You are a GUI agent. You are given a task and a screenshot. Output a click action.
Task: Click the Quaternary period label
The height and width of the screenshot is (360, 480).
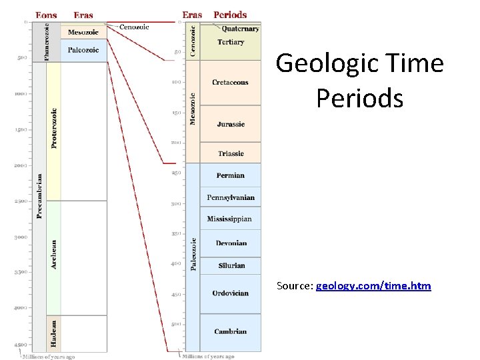[240, 29]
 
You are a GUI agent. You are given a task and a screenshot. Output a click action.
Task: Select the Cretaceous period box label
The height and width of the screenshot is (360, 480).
[230, 83]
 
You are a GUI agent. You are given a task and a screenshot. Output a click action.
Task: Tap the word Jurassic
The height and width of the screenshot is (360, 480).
[231, 125]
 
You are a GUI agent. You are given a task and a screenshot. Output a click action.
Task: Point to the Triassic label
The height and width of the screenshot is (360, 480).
[231, 154]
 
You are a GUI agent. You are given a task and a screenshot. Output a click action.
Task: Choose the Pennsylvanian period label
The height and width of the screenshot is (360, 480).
[231, 198]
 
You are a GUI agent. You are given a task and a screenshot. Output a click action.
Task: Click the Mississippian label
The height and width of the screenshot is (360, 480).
[229, 219]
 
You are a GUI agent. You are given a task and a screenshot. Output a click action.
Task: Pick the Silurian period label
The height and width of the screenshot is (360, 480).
[231, 265]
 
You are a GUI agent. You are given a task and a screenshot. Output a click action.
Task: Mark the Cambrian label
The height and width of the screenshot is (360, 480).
[231, 331]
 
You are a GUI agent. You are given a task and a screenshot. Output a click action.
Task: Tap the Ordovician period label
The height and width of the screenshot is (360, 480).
[231, 293]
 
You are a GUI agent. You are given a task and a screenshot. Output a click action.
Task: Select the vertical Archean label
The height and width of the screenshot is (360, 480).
[54, 255]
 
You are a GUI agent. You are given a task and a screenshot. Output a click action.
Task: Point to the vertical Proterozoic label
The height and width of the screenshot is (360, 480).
[54, 128]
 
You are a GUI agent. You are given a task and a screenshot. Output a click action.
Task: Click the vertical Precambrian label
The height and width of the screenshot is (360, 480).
[39, 196]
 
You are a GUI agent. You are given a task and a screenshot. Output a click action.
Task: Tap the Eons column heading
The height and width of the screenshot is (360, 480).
[45, 15]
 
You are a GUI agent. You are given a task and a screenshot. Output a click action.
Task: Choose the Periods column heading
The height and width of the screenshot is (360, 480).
[230, 15]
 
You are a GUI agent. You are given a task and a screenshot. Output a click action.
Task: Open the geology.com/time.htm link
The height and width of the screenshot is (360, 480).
[373, 286]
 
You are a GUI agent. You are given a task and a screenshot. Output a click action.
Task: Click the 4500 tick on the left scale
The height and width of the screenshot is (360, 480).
[21, 344]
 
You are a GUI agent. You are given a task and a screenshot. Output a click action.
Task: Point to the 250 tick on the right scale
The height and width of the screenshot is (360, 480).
[177, 173]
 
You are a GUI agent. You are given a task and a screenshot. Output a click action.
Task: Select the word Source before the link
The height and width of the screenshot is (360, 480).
[294, 286]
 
